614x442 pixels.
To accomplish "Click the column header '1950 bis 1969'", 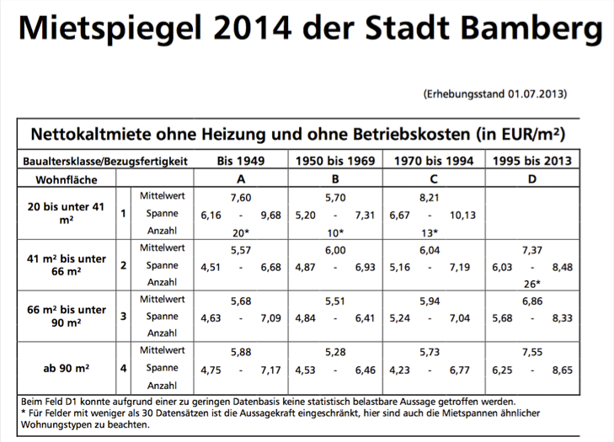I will pyautogui.click(x=335, y=161).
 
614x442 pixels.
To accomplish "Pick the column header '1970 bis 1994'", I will pyautogui.click(x=433, y=161).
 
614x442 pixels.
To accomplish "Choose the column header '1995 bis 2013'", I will pyautogui.click(x=531, y=161).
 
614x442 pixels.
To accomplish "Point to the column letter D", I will pyautogui.click(x=531, y=179).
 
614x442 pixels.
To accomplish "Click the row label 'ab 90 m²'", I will pyautogui.click(x=66, y=368).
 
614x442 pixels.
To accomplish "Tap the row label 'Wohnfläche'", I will pyautogui.click(x=66, y=179).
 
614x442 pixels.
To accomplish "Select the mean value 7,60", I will pyautogui.click(x=241, y=197).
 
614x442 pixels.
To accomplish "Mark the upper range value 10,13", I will pyautogui.click(x=463, y=215).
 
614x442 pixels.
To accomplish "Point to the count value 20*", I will pyautogui.click(x=241, y=232).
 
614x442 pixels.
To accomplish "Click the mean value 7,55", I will pyautogui.click(x=531, y=351).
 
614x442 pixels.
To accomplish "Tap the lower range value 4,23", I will pyautogui.click(x=401, y=369).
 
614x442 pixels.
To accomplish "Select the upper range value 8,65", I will pyautogui.click(x=562, y=369).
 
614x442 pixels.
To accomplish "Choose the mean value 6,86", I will pyautogui.click(x=531, y=300).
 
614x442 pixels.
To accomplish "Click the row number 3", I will pyautogui.click(x=123, y=317).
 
